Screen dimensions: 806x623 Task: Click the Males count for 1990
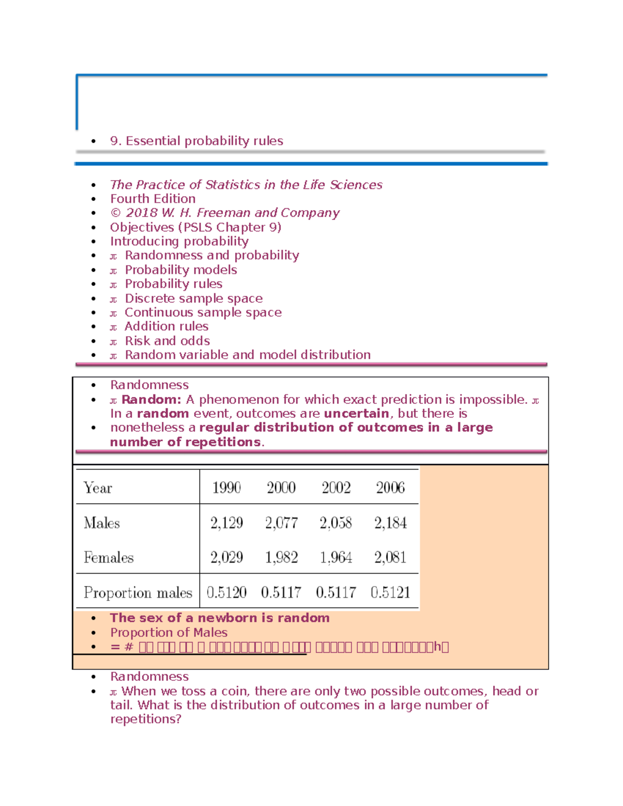click(226, 523)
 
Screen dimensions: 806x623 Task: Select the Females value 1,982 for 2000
click(281, 557)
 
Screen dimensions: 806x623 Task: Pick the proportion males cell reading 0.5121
click(390, 592)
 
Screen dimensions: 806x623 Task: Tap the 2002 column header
click(336, 488)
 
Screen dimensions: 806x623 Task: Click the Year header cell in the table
click(98, 488)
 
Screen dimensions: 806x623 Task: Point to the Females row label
click(109, 557)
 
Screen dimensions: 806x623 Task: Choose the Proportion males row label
click(138, 592)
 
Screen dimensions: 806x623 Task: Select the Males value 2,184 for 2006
click(390, 523)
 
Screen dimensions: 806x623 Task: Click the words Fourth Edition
click(153, 199)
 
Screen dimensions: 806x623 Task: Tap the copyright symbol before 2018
click(115, 213)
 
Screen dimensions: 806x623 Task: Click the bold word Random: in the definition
click(151, 400)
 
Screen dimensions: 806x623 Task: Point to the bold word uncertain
click(356, 414)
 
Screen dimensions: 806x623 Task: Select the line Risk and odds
click(167, 341)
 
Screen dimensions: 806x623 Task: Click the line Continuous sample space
click(203, 312)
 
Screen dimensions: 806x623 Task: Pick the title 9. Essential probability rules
click(196, 141)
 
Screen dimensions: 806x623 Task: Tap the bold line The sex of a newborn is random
click(220, 618)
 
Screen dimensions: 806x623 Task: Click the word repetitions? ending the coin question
click(145, 719)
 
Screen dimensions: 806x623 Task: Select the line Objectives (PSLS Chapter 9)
click(195, 227)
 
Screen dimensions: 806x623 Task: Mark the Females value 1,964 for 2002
click(336, 557)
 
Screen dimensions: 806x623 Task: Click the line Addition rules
click(166, 326)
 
